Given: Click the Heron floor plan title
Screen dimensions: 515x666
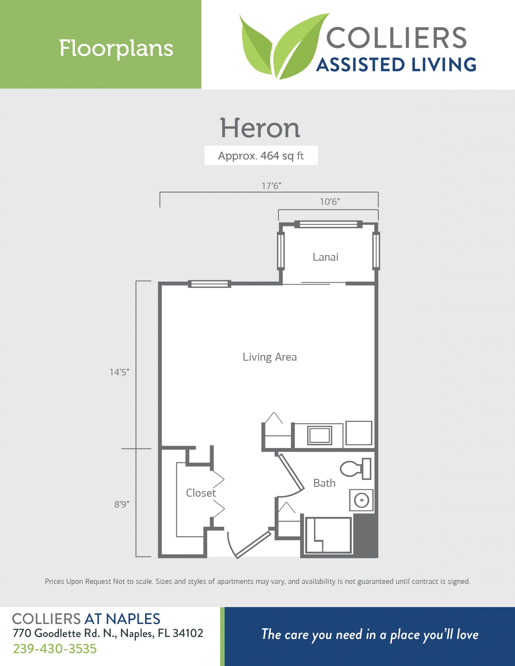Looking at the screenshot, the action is [260, 128].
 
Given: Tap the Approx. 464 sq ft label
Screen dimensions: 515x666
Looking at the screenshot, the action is [261, 156].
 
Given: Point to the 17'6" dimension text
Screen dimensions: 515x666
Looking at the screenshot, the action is [271, 186].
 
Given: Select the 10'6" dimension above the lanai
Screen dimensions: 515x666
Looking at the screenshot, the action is [330, 202].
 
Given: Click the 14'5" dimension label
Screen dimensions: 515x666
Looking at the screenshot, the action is [119, 372].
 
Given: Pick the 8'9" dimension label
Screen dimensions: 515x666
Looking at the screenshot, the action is [122, 504].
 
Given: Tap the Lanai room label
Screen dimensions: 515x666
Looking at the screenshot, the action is [325, 257].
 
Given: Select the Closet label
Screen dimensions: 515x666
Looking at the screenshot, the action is [201, 493].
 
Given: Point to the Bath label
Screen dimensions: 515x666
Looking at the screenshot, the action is [324, 483].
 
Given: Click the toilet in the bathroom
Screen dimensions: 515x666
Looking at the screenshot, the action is [356, 469].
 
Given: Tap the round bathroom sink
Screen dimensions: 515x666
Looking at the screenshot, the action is [361, 501].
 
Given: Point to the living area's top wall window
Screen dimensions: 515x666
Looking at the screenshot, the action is [209, 284].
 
